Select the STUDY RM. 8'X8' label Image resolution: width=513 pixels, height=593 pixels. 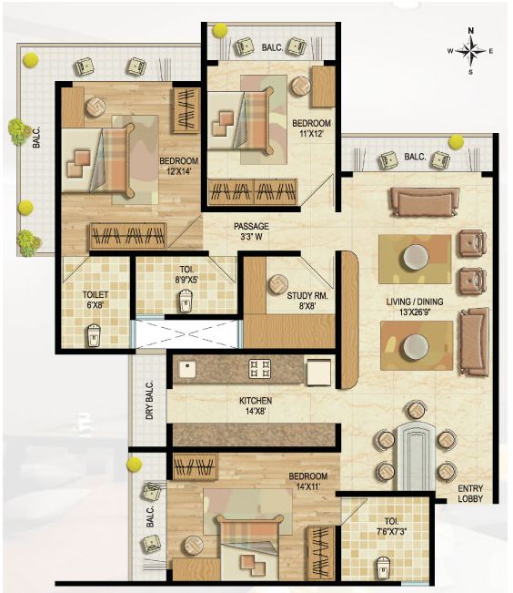click(307, 302)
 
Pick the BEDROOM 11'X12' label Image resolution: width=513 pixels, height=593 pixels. click(311, 129)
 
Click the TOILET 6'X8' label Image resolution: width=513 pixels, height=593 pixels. click(96, 301)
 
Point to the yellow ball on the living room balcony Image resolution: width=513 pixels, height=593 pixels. click(456, 141)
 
